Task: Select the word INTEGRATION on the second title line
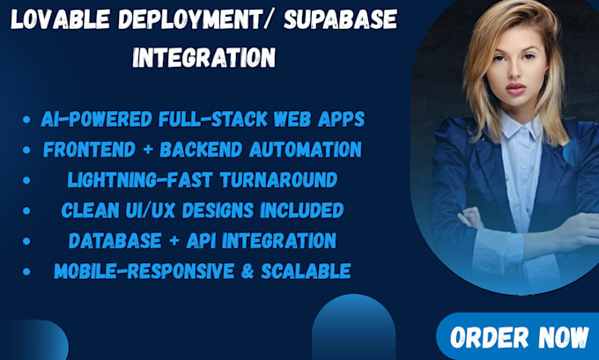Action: point(203,59)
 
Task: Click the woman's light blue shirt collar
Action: point(519,132)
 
